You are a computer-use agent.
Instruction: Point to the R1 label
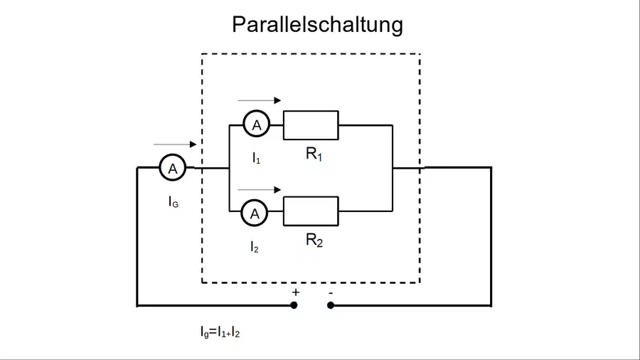[x=314, y=154]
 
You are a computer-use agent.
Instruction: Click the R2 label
[x=314, y=240]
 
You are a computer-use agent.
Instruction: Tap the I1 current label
[x=256, y=158]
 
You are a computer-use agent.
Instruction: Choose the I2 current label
[x=255, y=247]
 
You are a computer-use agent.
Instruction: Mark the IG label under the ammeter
[x=174, y=201]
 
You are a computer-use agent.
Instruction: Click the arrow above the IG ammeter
[x=175, y=144]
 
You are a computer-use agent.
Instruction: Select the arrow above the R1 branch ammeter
[x=259, y=100]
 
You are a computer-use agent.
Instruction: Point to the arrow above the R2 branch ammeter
[x=259, y=189]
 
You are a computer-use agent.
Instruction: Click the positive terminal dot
[x=294, y=305]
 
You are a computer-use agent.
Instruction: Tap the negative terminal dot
[x=331, y=305]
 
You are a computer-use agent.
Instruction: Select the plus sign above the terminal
[x=296, y=292]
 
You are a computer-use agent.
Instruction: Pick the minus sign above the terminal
[x=331, y=292]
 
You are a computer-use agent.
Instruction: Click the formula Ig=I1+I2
[x=220, y=332]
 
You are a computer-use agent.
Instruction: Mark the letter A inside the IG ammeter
[x=173, y=168]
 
